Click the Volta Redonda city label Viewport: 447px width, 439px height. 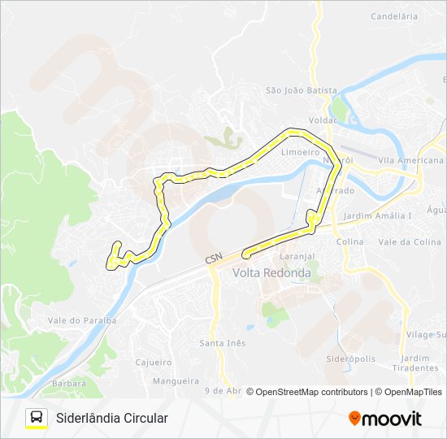[x=271, y=273]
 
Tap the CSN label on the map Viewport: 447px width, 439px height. [x=213, y=258]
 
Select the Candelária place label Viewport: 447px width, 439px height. [x=393, y=15]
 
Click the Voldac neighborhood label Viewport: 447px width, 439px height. [x=323, y=120]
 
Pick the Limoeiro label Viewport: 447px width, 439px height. [x=299, y=152]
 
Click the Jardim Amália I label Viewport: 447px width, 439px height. [x=377, y=215]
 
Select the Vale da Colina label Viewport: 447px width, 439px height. [x=410, y=241]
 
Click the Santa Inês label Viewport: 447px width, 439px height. [x=222, y=343]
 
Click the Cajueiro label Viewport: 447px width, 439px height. [x=154, y=362]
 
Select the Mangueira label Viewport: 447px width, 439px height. [x=175, y=380]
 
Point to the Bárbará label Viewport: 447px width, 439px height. [x=67, y=383]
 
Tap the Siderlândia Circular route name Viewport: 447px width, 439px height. [x=112, y=418]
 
